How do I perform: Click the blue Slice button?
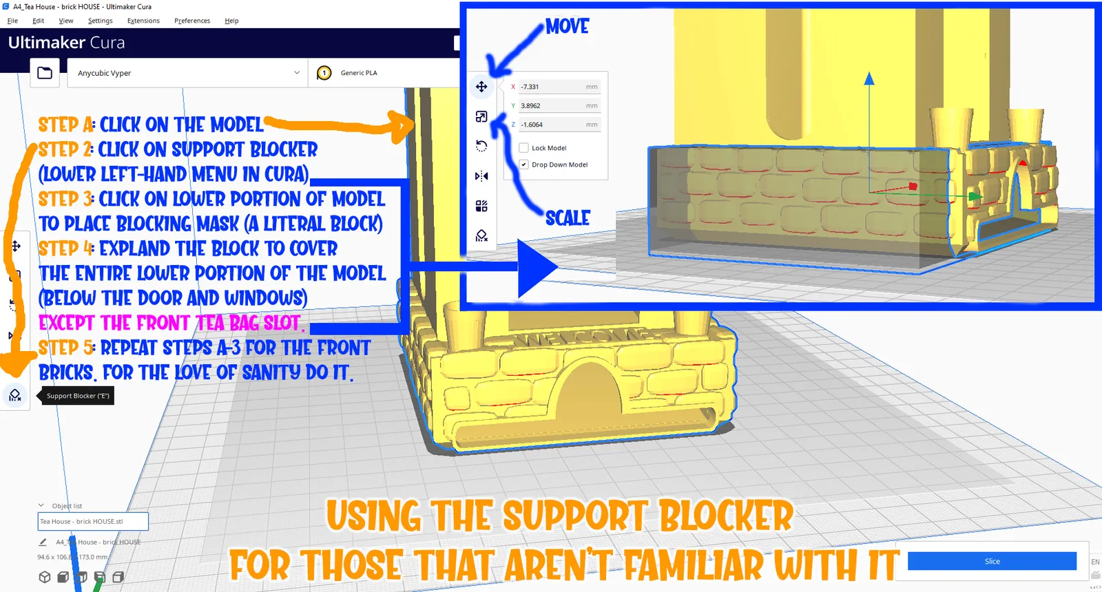(992, 561)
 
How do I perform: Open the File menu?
(12, 21)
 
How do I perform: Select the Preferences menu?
(192, 21)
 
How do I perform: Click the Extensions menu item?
(143, 21)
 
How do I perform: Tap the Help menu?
(231, 21)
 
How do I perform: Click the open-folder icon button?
(45, 73)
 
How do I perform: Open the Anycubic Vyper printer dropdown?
(187, 73)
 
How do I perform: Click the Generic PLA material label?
(359, 73)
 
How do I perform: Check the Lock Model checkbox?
(524, 148)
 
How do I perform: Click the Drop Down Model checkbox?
(524, 165)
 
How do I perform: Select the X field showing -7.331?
(559, 87)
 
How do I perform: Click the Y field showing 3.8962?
(559, 106)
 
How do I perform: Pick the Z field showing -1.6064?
(559, 125)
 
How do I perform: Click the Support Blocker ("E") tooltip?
(78, 396)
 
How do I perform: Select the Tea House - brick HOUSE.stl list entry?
(93, 521)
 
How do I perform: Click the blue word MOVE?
(568, 26)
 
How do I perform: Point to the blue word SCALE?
(568, 218)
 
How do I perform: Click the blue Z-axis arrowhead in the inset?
(869, 78)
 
